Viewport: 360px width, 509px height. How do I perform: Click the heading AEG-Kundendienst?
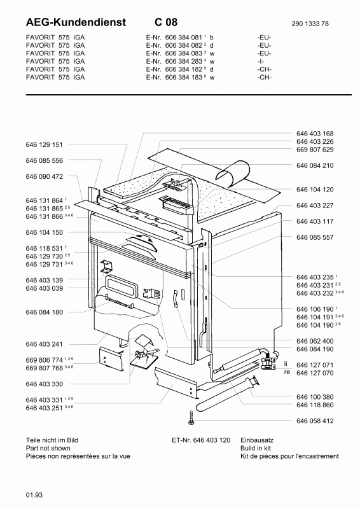point(76,22)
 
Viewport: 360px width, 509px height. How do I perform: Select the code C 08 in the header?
point(166,22)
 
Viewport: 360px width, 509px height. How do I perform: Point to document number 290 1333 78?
point(310,24)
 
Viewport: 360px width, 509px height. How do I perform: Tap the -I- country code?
point(260,61)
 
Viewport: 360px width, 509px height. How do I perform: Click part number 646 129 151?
point(44,144)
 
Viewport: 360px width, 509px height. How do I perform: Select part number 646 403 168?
point(315,134)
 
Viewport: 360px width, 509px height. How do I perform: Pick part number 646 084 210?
point(315,165)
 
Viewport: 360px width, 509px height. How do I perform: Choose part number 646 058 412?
point(315,421)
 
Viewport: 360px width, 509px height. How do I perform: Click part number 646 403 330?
point(44,384)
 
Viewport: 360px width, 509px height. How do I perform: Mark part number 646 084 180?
point(44,312)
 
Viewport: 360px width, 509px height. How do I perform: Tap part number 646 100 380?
point(315,397)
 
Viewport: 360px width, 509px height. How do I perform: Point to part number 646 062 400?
point(315,341)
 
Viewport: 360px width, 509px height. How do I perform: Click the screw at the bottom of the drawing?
point(191,418)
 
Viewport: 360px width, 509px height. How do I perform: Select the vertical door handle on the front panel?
point(175,298)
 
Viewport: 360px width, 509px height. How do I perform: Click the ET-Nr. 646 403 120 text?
point(201,440)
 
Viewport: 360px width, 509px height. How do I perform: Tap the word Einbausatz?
point(257,440)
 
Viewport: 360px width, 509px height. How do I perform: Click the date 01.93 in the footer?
point(34,495)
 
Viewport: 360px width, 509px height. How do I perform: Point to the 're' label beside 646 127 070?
point(287,372)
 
